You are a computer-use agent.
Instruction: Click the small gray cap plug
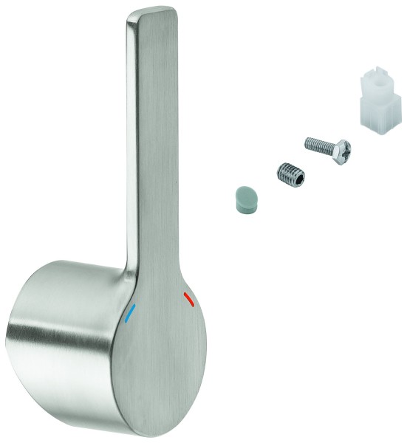[x=244, y=199]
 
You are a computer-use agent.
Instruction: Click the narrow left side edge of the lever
[x=134, y=148]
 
